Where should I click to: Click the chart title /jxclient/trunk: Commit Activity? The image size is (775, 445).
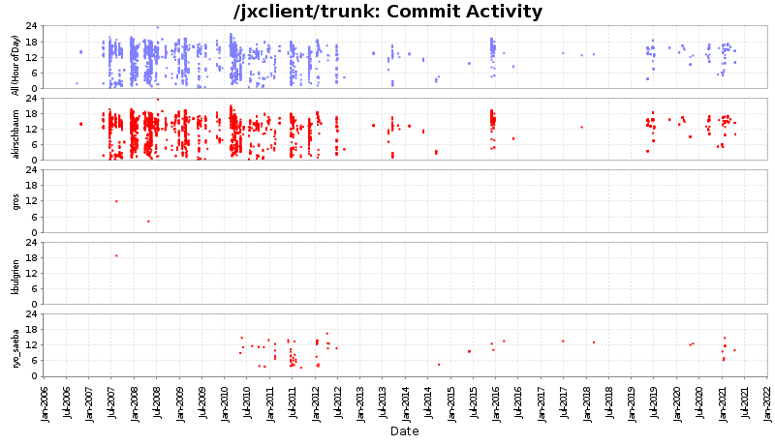click(x=387, y=12)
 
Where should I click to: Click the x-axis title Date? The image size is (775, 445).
click(x=404, y=431)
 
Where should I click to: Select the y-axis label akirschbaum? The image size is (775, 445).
click(x=15, y=129)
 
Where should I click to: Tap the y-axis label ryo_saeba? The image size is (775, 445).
click(x=15, y=345)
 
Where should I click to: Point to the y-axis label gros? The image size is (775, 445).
click(x=15, y=201)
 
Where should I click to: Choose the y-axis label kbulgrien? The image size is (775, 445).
click(x=15, y=274)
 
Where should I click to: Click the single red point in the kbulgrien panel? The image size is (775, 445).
click(x=116, y=255)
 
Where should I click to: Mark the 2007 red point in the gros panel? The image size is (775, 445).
click(x=116, y=201)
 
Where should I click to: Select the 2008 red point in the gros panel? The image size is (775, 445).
click(x=148, y=222)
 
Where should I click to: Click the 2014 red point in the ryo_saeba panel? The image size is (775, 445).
click(x=439, y=365)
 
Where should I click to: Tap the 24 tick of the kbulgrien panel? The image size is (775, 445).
click(x=33, y=243)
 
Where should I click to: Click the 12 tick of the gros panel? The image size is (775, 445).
click(x=33, y=201)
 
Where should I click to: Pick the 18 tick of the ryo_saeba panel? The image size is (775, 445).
click(x=33, y=330)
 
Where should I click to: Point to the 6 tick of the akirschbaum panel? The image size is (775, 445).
click(x=33, y=144)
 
